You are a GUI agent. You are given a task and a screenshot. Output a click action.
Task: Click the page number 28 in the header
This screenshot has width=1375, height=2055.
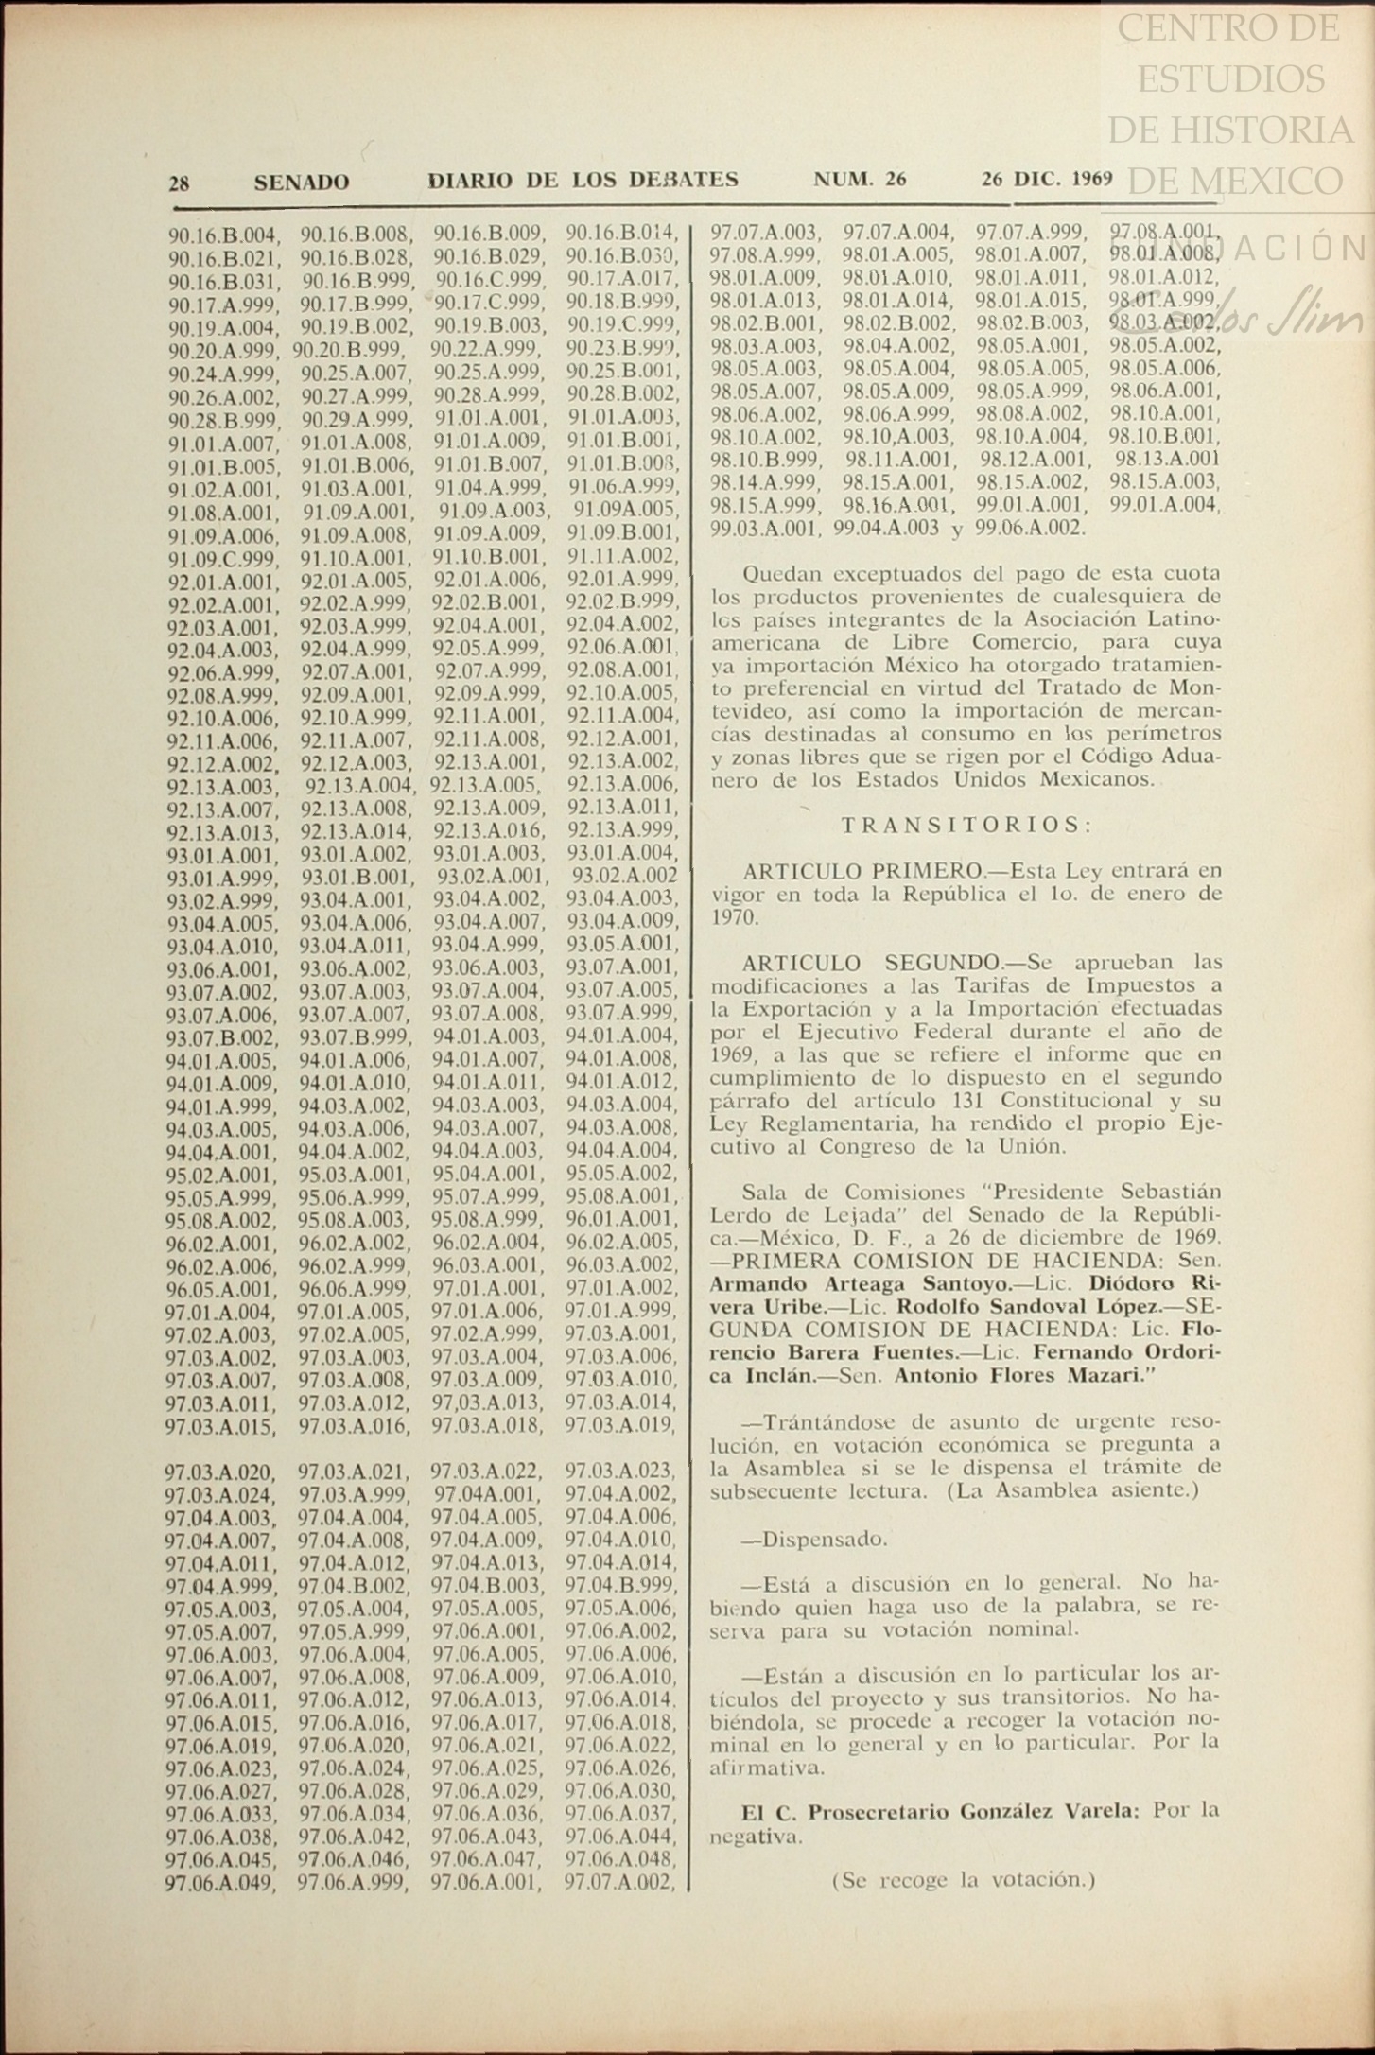(x=179, y=183)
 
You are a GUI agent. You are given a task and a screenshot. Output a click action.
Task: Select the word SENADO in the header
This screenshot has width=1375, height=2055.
(x=301, y=183)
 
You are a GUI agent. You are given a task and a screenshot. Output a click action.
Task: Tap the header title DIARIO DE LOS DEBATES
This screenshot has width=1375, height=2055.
(x=583, y=180)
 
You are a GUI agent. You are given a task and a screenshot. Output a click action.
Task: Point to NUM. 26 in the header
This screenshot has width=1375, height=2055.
(x=860, y=179)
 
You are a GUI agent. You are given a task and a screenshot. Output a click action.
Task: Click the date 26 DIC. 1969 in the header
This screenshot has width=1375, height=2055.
(x=1047, y=179)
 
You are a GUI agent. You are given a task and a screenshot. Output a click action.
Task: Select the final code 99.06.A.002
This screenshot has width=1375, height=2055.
(x=1030, y=528)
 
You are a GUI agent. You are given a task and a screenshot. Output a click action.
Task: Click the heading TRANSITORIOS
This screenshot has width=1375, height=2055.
(x=966, y=825)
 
